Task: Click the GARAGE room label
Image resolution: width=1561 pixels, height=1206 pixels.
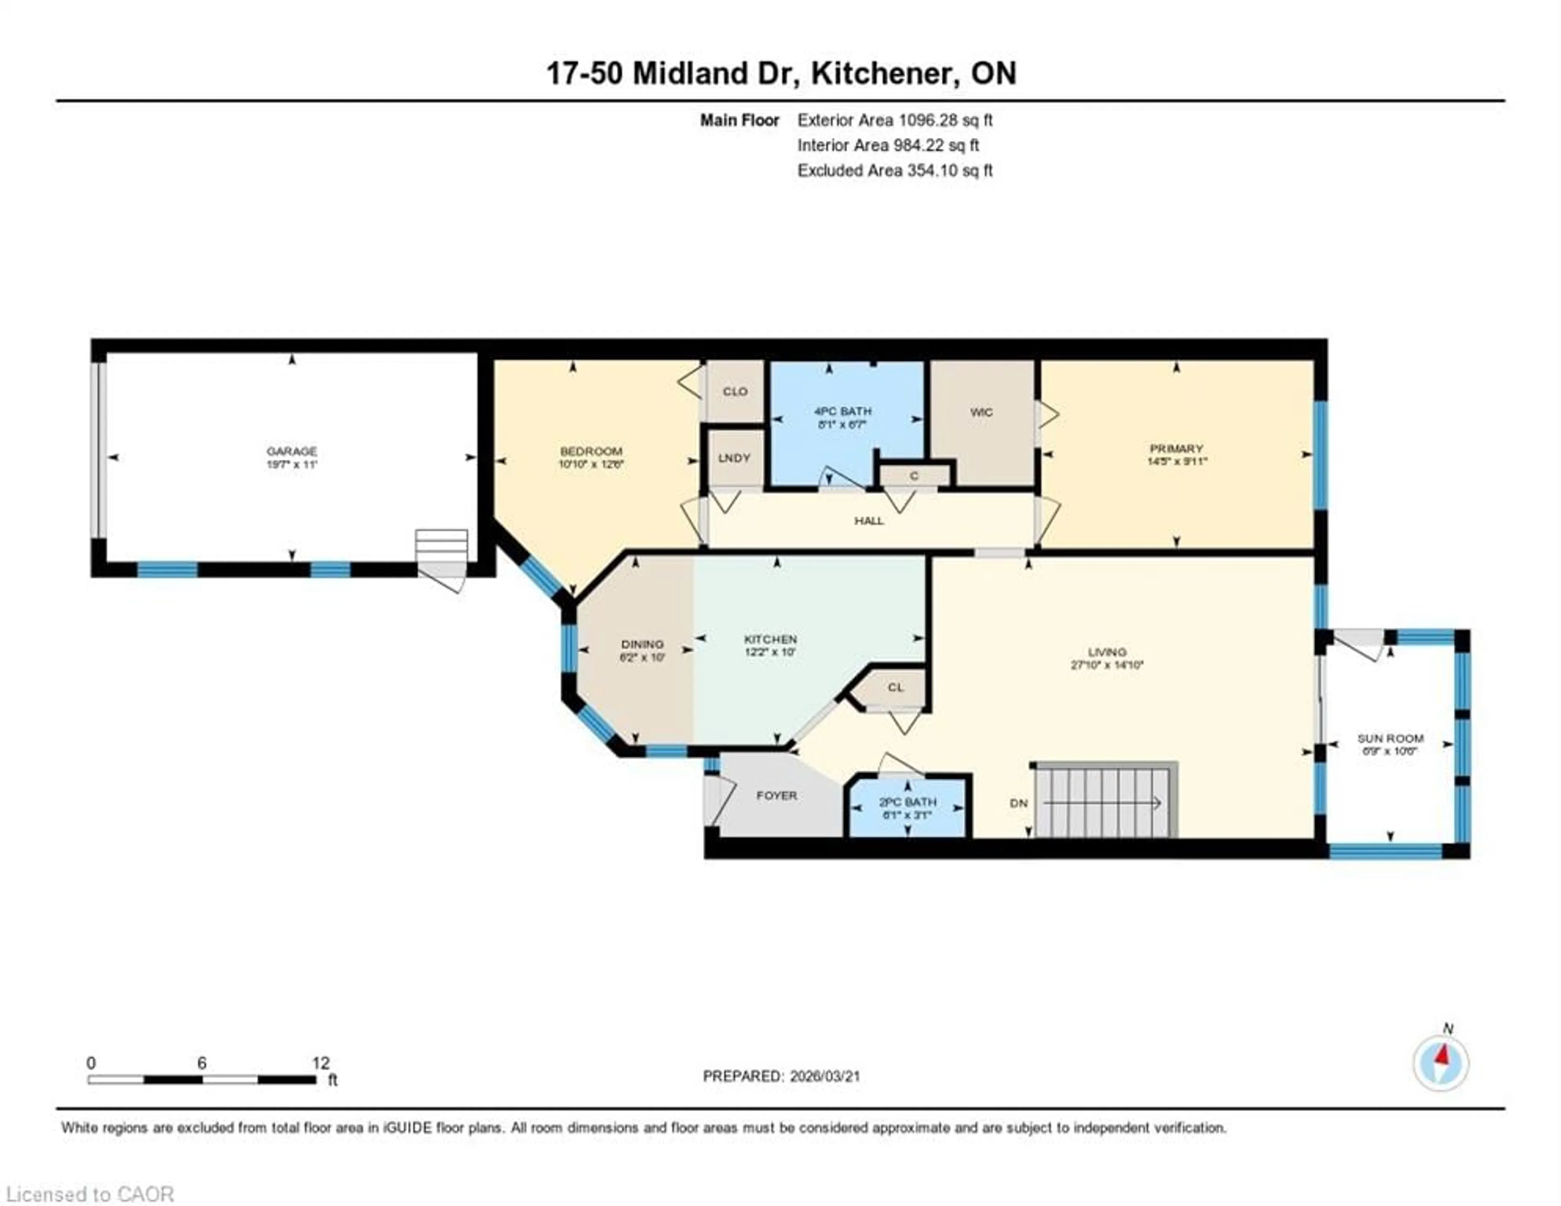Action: [291, 451]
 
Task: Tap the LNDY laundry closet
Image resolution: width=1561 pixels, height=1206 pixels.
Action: [734, 458]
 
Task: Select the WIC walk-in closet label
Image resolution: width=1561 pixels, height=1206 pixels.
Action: [981, 413]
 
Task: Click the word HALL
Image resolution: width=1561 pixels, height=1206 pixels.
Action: [869, 520]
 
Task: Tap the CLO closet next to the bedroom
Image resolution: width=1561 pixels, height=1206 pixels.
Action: [735, 392]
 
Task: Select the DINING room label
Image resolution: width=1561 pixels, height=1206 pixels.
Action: [642, 644]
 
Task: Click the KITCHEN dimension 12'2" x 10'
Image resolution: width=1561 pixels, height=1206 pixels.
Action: [770, 652]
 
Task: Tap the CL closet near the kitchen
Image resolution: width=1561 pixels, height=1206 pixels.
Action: [896, 688]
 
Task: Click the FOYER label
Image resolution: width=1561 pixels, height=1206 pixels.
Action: [776, 795]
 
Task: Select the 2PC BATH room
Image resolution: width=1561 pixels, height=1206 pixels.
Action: [907, 808]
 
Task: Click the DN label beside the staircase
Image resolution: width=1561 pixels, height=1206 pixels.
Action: [1018, 803]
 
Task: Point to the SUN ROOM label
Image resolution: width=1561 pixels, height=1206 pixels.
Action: [1390, 739]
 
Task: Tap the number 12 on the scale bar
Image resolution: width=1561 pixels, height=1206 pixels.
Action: [321, 1063]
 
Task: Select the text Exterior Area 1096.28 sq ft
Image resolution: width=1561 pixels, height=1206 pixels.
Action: [895, 120]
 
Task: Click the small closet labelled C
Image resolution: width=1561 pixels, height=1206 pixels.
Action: [914, 476]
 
